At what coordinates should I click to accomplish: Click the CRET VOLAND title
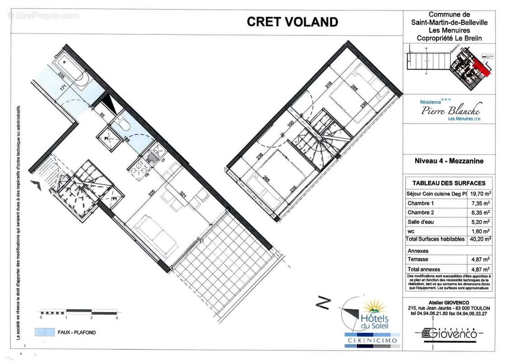coord(292,22)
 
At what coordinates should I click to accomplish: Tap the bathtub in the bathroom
coord(72,70)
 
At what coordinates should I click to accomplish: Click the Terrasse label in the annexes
coord(418,259)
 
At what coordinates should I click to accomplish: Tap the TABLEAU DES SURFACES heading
coord(449,183)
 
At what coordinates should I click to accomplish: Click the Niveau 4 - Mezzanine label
coord(449,160)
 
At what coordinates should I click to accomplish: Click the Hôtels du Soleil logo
coord(369,317)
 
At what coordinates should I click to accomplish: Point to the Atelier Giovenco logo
coord(449,334)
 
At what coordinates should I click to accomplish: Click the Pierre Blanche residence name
coord(450,110)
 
